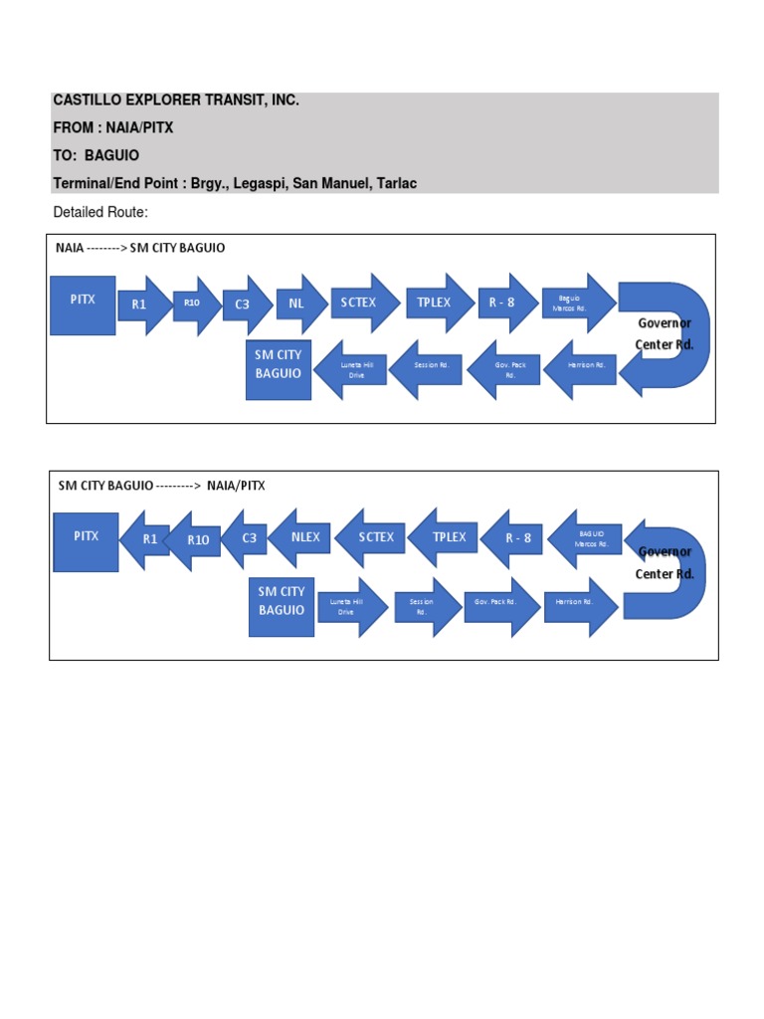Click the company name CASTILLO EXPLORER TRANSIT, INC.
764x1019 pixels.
tap(175, 102)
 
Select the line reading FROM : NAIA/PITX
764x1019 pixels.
tap(112, 128)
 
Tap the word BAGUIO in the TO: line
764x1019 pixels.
tap(114, 156)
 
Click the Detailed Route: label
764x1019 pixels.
tap(99, 213)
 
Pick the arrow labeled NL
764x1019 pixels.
tap(299, 304)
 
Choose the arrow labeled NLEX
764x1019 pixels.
tap(302, 537)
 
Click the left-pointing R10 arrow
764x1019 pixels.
tap(197, 539)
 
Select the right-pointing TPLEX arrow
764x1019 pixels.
tap(431, 304)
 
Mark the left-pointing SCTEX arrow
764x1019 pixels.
tap(372, 537)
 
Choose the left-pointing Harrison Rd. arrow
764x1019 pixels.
tap(579, 365)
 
